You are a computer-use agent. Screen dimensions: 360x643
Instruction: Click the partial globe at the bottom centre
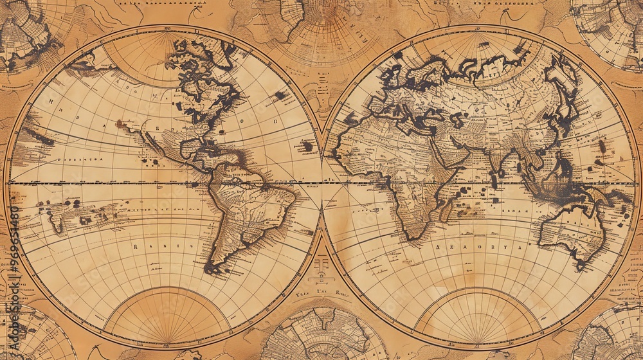(321, 334)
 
